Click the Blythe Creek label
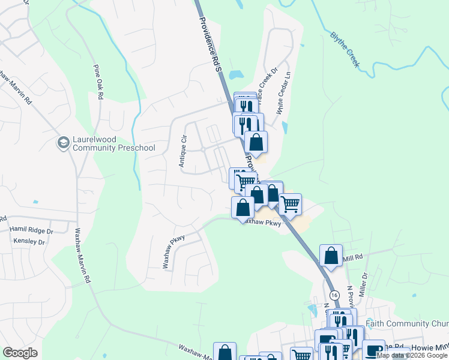pos(345,50)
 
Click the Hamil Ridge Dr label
pos(31,230)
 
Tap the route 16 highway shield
pos(334,295)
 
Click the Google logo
pos(20,352)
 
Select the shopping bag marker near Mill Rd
pos(331,256)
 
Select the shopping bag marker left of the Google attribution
pos(224,352)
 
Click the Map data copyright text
pos(412,356)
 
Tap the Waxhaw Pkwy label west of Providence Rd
pos(173,250)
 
